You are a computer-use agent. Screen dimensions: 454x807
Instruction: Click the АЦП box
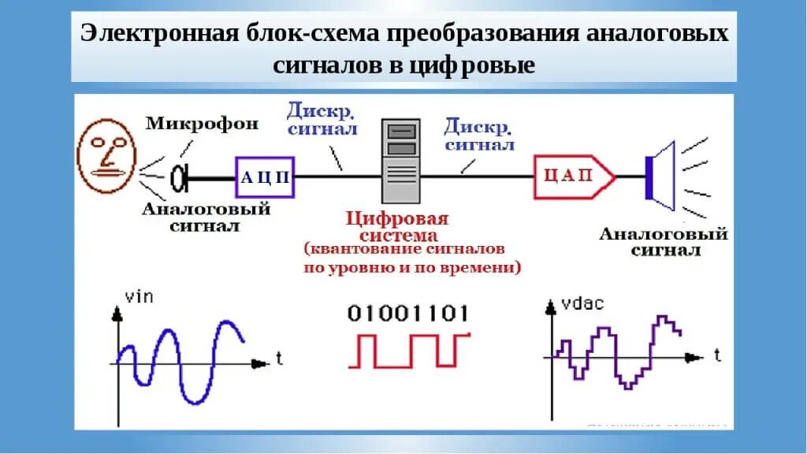[x=264, y=177]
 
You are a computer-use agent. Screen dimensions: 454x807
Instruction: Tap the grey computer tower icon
[x=400, y=161]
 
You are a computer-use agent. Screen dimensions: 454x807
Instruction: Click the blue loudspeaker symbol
[x=662, y=176]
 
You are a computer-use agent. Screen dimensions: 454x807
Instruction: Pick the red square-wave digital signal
[x=409, y=350]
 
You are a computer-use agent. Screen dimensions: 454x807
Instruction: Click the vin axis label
[x=139, y=297]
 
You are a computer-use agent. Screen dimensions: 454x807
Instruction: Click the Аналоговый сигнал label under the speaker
[x=664, y=242]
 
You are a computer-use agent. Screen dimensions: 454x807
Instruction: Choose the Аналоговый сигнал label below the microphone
[x=206, y=217]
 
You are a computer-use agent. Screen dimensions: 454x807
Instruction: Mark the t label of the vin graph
[x=280, y=359]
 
